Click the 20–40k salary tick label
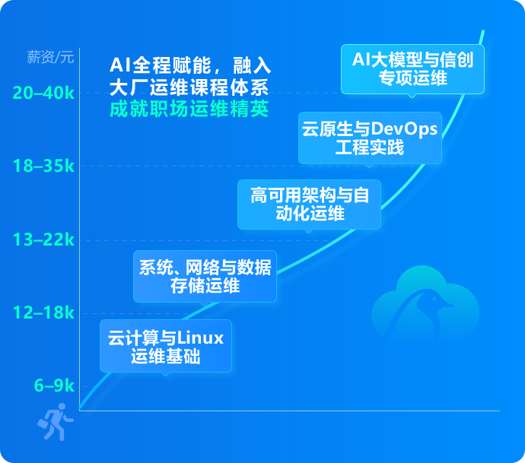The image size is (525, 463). pyautogui.click(x=43, y=94)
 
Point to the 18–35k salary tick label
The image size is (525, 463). pyautogui.click(x=43, y=166)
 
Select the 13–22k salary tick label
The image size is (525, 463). pyautogui.click(x=43, y=240)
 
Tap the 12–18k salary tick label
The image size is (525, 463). pyautogui.click(x=43, y=313)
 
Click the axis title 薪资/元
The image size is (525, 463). pyautogui.click(x=50, y=56)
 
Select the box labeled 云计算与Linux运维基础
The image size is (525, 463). pyautogui.click(x=165, y=346)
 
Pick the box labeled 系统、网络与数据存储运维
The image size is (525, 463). pyautogui.click(x=205, y=276)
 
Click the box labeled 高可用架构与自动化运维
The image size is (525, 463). pyautogui.click(x=309, y=204)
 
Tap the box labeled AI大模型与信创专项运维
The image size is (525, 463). pyautogui.click(x=412, y=68)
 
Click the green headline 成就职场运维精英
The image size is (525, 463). pyautogui.click(x=189, y=109)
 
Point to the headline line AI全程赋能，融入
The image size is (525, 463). pyautogui.click(x=190, y=65)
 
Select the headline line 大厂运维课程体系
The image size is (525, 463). pyautogui.click(x=189, y=87)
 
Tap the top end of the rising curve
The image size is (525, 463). pyautogui.click(x=482, y=32)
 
